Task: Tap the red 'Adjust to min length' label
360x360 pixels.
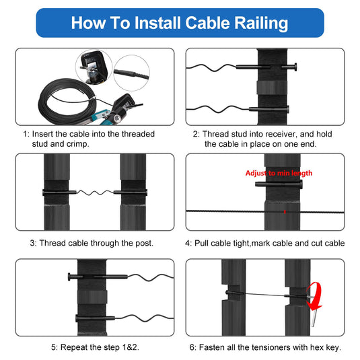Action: (279, 173)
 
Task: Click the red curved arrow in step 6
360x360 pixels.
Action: (315, 296)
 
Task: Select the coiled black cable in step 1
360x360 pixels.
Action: (67, 101)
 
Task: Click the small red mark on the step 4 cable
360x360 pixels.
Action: (285, 212)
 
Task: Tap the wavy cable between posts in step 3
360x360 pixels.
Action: (95, 192)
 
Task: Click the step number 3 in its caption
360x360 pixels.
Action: (33, 243)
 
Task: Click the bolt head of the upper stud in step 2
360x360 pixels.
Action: (295, 67)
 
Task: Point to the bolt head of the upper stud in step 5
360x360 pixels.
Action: (69, 277)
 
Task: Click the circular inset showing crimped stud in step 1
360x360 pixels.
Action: (132, 73)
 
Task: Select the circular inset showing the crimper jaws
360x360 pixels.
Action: (94, 67)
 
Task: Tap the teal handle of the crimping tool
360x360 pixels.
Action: (100, 116)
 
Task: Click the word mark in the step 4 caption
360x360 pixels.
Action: (260, 243)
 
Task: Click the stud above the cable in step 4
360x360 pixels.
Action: (279, 184)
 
